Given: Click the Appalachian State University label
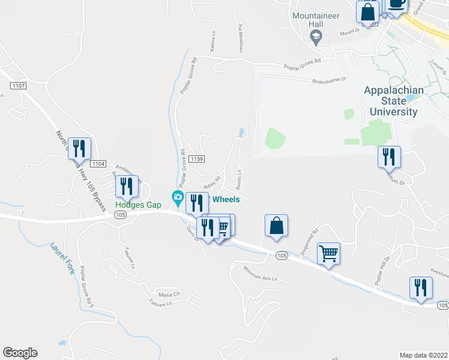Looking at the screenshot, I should (393, 100).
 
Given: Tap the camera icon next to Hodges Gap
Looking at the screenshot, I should (178, 197).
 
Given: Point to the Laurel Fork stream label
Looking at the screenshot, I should (62, 258).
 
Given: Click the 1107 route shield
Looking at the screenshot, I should (18, 86).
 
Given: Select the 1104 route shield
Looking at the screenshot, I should (98, 163).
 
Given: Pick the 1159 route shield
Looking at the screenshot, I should (197, 158).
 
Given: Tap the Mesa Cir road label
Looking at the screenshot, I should (169, 294).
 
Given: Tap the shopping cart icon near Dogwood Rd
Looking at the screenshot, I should (328, 254).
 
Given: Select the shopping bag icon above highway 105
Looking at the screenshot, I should (276, 226).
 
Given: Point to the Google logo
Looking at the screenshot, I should (20, 353).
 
